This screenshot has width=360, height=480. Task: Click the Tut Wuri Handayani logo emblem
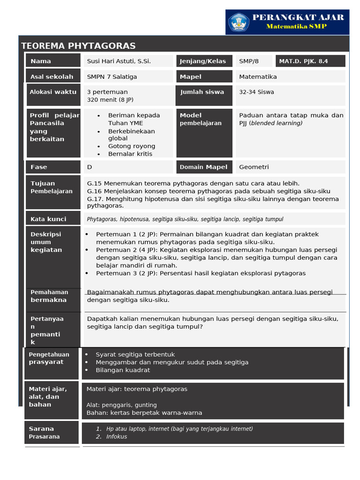(x=239, y=22)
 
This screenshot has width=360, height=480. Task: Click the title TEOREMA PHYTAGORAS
(x=78, y=46)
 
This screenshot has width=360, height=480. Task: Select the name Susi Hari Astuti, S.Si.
(x=119, y=61)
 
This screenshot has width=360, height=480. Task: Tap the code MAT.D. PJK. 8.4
(x=303, y=61)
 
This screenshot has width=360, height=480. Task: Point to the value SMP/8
(x=248, y=61)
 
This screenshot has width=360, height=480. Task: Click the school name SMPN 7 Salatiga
(x=112, y=76)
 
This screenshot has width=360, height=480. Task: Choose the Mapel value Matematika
(x=258, y=76)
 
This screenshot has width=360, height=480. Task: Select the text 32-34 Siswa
(x=256, y=92)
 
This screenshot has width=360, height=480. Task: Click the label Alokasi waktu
(x=53, y=92)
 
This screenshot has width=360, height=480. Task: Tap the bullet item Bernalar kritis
(x=130, y=154)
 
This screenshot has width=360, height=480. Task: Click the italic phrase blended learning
(x=277, y=123)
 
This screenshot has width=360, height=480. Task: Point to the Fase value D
(x=90, y=167)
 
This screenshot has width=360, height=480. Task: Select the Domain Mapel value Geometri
(x=254, y=167)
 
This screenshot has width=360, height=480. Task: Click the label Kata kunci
(x=48, y=219)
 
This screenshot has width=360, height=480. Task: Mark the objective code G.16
(x=94, y=191)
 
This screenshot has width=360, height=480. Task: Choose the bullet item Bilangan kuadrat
(x=123, y=370)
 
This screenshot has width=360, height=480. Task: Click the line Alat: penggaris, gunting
(x=122, y=405)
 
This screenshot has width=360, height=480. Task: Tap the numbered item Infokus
(x=117, y=436)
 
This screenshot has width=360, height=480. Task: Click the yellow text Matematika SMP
(x=296, y=27)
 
